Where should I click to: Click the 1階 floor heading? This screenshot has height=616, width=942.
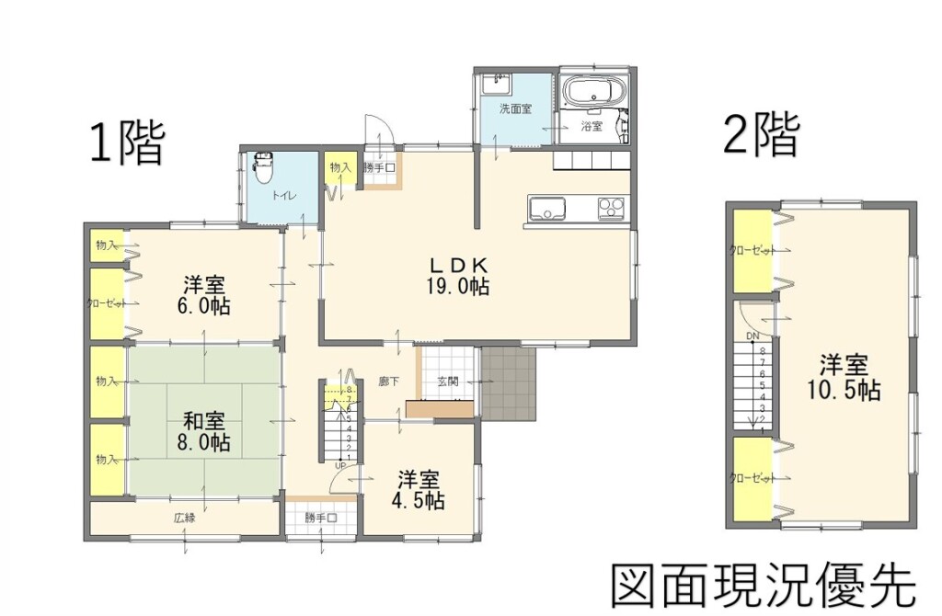(x=127, y=143)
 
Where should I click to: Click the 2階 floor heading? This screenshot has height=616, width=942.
(x=761, y=135)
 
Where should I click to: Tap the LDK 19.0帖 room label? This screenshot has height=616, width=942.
(x=456, y=274)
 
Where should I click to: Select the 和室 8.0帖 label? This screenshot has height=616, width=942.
(x=204, y=432)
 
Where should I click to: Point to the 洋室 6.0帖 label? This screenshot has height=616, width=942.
(x=204, y=294)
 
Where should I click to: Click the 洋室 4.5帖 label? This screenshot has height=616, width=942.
(x=419, y=490)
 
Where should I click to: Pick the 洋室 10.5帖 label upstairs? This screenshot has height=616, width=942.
(x=844, y=378)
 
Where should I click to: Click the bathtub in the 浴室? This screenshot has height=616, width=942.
(x=593, y=93)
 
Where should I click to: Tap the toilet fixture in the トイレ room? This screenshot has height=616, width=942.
(x=263, y=166)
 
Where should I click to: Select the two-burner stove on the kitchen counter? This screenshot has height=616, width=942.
(x=612, y=209)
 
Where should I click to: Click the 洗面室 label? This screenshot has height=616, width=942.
(x=515, y=108)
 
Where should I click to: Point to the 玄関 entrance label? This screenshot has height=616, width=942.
(x=448, y=382)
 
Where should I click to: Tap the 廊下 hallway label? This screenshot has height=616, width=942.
(x=389, y=382)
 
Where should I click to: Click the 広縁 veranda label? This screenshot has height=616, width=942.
(x=184, y=517)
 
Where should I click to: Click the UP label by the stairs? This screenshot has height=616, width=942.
(x=339, y=466)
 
